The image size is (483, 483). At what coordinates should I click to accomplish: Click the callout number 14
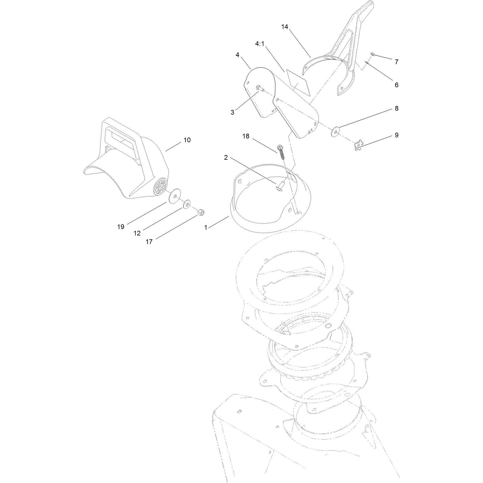[x=284, y=26]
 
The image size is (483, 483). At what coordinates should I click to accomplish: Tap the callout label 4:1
[x=260, y=44]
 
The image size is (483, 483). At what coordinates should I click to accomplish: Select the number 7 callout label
[x=397, y=62]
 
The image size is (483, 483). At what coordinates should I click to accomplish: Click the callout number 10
[x=187, y=140]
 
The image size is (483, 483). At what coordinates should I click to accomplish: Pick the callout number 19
[x=121, y=226]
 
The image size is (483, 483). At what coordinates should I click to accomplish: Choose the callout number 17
[x=149, y=242]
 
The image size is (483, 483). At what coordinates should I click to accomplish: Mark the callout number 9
[x=397, y=135]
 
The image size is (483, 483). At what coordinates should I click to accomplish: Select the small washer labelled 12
[x=186, y=204]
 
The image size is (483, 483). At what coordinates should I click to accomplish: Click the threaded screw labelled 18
[x=281, y=152]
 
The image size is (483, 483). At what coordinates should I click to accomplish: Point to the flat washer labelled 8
[x=335, y=131]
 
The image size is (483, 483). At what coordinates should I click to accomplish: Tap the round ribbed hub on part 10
[x=160, y=187]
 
